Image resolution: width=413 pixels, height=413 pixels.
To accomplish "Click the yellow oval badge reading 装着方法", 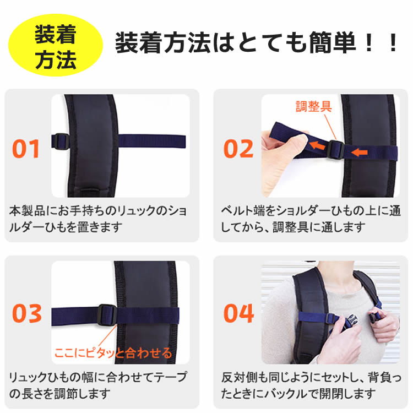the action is click(55, 45).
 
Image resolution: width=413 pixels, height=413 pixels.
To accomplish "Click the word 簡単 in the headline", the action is click(333, 42).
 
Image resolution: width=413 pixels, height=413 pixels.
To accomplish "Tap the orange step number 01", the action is click(26, 149).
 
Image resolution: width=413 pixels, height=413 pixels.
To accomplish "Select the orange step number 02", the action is click(238, 149).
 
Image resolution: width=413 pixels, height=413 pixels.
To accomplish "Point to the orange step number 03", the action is click(27, 313).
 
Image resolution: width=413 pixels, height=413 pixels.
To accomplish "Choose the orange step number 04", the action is click(238, 313).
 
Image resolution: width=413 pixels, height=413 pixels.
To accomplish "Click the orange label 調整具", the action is click(313, 107).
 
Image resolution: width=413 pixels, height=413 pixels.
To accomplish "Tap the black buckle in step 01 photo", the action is click(61, 142).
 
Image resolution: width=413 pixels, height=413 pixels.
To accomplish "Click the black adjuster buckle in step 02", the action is click(335, 149).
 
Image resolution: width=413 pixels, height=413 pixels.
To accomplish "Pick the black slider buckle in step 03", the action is click(107, 315).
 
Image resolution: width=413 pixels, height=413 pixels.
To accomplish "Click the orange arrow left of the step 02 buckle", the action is click(317, 145).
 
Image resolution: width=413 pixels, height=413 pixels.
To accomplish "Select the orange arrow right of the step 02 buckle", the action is click(360, 152).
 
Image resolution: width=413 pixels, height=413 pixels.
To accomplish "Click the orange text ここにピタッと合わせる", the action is click(113, 352).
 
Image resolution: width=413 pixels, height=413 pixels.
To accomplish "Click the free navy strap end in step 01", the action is click(152, 141).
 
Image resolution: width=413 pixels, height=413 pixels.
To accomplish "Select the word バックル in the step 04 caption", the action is click(286, 394).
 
